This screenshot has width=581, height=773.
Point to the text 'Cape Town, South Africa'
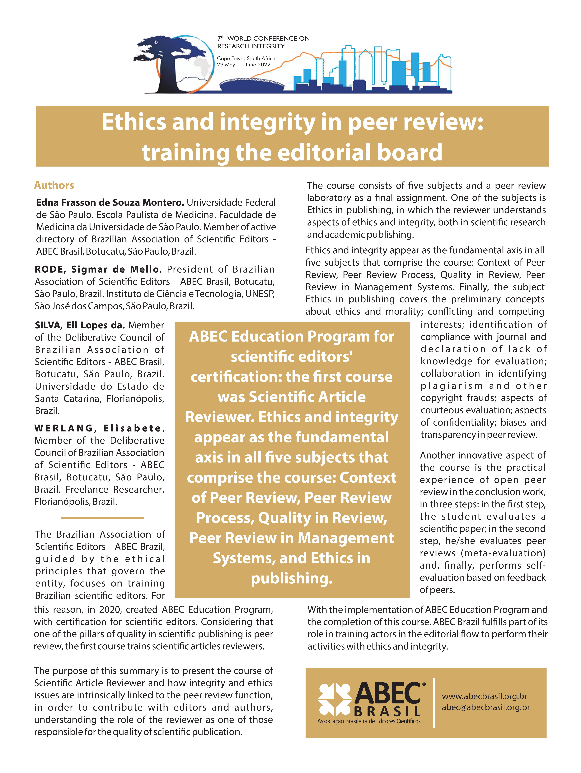pos(246,58)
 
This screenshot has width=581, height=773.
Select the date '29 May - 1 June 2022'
pos(244,65)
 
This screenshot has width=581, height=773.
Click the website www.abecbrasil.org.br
pos(484,697)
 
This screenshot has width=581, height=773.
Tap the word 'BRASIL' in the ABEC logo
pos(387,711)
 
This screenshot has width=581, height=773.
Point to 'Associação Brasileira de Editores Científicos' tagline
pos(369,721)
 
